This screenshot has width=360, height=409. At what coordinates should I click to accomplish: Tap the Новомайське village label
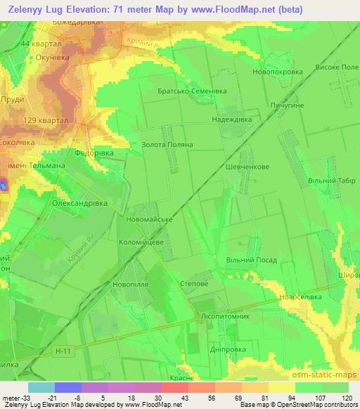148,220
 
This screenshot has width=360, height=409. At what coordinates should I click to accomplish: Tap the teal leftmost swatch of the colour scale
41,387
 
